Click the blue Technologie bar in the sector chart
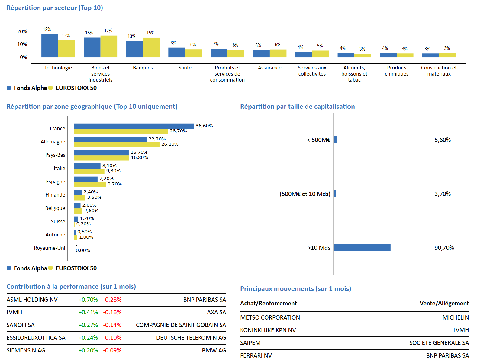(50, 46)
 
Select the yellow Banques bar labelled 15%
(151, 48)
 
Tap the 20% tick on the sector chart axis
(22, 31)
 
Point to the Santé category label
(185, 68)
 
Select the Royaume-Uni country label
(50, 248)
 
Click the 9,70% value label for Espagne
(114, 184)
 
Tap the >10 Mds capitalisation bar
(362, 247)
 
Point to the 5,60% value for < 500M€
(443, 140)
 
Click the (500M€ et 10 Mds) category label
(305, 194)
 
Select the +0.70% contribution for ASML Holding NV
(88, 300)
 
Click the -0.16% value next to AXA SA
(112, 312)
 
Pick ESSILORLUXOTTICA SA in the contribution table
(36, 338)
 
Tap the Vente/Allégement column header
(444, 303)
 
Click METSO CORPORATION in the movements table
(270, 317)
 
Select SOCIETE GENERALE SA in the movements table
(439, 343)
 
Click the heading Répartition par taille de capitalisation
(297, 107)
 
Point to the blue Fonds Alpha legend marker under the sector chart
(9, 88)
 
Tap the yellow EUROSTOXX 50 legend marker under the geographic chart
(50, 268)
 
